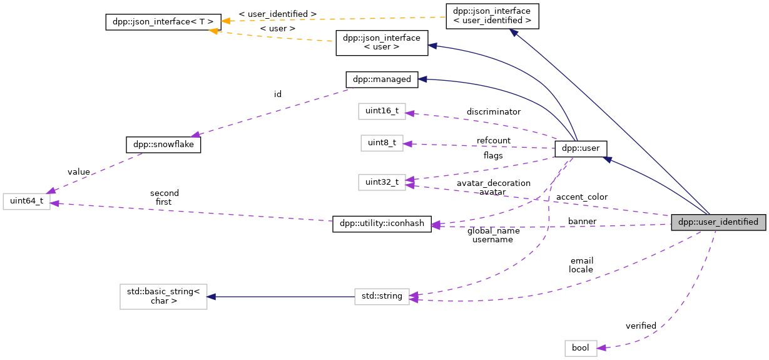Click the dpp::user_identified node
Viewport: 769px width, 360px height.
click(x=718, y=222)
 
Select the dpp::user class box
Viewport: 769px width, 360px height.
click(x=581, y=148)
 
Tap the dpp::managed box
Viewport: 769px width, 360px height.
click(x=382, y=80)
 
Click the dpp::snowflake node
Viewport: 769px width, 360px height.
click(x=163, y=144)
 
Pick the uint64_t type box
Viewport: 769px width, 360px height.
click(x=26, y=202)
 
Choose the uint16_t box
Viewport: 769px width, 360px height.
click(x=382, y=111)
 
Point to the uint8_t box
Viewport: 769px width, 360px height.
click(x=382, y=143)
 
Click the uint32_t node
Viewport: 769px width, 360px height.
click(x=382, y=182)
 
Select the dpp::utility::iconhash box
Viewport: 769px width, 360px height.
click(x=382, y=224)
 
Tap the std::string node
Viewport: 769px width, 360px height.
click(x=382, y=296)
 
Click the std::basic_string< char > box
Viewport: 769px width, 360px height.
click(x=163, y=296)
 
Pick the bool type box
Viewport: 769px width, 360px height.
click(x=581, y=348)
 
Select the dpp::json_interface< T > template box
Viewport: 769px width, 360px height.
click(x=163, y=23)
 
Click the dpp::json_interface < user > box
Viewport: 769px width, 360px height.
click(x=382, y=43)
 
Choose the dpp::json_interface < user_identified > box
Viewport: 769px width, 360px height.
click(x=492, y=16)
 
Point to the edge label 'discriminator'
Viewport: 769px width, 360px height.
click(x=493, y=111)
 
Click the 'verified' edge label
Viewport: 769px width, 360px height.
click(x=641, y=326)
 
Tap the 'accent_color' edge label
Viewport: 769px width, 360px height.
click(x=581, y=197)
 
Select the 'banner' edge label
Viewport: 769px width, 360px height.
click(x=582, y=221)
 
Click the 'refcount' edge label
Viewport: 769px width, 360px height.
click(x=493, y=140)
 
